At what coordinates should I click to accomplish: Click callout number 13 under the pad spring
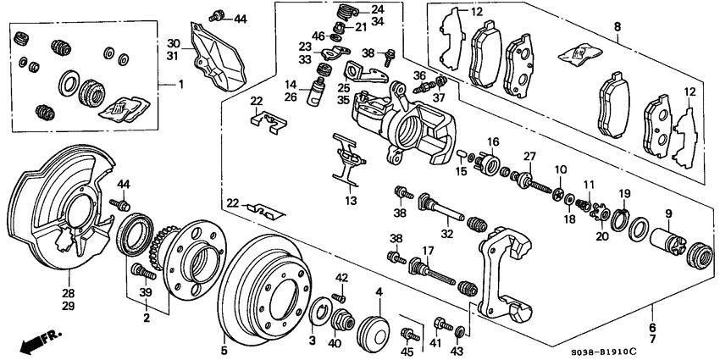[x=351, y=201]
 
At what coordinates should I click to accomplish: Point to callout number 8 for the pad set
[x=617, y=26]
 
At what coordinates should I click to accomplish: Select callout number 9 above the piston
[x=667, y=213]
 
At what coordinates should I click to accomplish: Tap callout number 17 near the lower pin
[x=429, y=251]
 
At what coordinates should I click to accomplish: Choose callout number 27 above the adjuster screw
[x=530, y=156]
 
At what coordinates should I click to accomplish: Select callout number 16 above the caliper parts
[x=493, y=141]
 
